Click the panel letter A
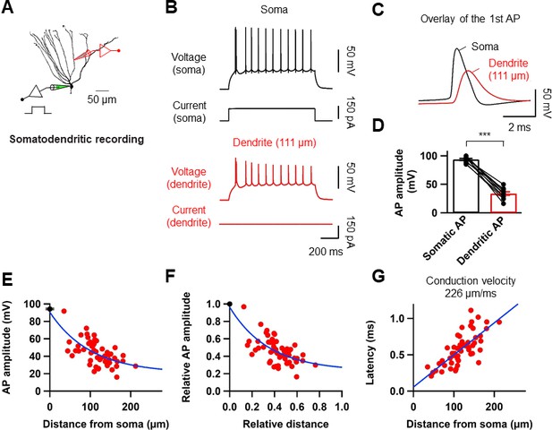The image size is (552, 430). click(x=7, y=7)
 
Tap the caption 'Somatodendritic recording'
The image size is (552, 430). click(x=77, y=139)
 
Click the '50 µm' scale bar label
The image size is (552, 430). click(x=102, y=99)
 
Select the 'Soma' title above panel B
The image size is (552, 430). click(x=274, y=10)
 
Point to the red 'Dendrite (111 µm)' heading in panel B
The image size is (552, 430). click(x=275, y=142)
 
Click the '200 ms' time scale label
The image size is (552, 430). click(x=326, y=252)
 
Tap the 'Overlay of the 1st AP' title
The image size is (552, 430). click(x=470, y=19)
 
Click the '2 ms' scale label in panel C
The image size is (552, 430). click(x=519, y=127)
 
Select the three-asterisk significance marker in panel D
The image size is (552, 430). click(x=484, y=134)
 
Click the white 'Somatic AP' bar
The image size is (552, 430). click(x=466, y=186)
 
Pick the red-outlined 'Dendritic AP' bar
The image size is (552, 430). click(x=504, y=203)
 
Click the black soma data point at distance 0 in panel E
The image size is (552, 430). click(x=50, y=309)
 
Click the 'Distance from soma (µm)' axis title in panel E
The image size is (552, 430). click(x=106, y=424)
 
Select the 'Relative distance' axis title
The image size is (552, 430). click(x=285, y=424)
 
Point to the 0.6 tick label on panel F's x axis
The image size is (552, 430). click(x=297, y=407)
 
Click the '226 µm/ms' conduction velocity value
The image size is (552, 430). click(x=471, y=293)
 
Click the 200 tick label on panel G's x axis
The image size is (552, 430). click(x=494, y=407)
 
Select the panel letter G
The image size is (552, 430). click(x=378, y=277)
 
